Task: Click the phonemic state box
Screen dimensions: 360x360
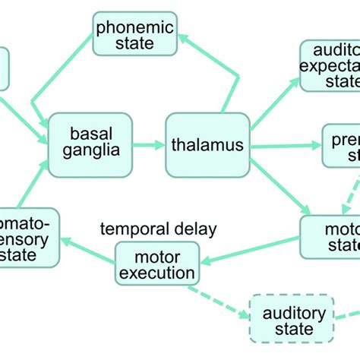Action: (x=134, y=33)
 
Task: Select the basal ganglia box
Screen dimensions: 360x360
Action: (x=90, y=141)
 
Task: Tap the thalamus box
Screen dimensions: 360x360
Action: (x=207, y=144)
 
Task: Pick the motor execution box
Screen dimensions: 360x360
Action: (x=157, y=263)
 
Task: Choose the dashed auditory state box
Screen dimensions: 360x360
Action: (x=293, y=320)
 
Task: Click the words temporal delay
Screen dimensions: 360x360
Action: (x=159, y=229)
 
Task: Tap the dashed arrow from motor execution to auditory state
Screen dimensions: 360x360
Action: (x=224, y=298)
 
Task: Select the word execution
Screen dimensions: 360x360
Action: (x=157, y=272)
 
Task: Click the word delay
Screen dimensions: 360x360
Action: (x=193, y=229)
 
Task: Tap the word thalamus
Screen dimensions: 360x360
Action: (x=207, y=144)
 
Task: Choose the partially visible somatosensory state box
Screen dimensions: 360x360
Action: (x=29, y=235)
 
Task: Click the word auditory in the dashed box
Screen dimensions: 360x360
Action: (x=294, y=312)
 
